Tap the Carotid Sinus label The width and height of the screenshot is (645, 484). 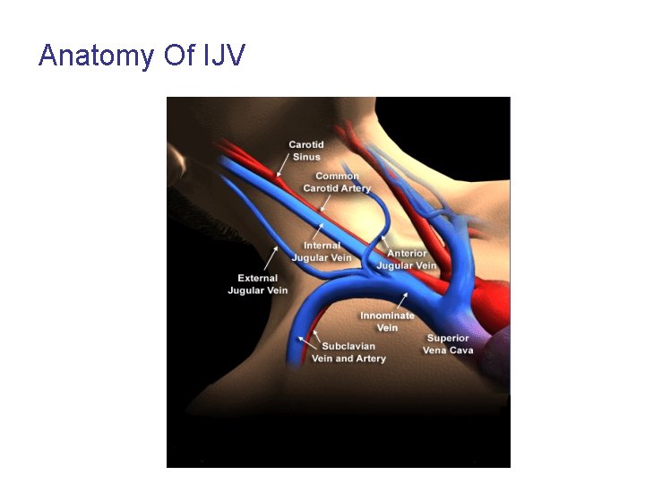click(x=305, y=151)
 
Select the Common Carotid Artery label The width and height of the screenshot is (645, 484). click(x=336, y=182)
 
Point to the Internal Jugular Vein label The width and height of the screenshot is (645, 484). click(x=322, y=252)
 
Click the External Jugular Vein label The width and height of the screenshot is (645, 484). click(x=258, y=284)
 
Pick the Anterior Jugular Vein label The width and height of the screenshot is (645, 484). click(x=407, y=259)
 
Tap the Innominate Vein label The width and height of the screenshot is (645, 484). click(x=387, y=322)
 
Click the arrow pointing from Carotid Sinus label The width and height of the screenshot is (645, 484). click(x=283, y=164)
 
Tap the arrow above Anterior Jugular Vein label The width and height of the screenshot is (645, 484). click(x=386, y=242)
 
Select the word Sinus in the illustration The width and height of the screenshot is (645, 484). click(x=306, y=157)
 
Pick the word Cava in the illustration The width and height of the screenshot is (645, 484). click(x=461, y=350)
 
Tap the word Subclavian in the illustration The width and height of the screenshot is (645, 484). click(x=348, y=346)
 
